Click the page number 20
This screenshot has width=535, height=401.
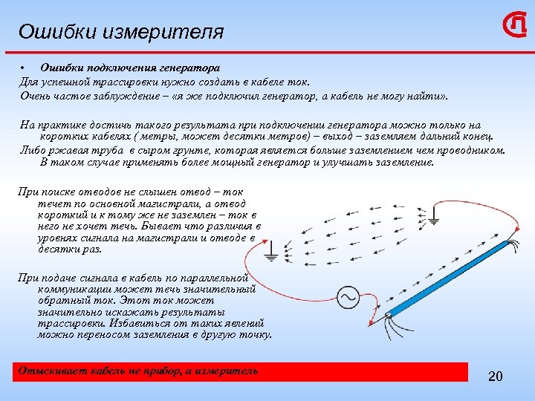[496, 376]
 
